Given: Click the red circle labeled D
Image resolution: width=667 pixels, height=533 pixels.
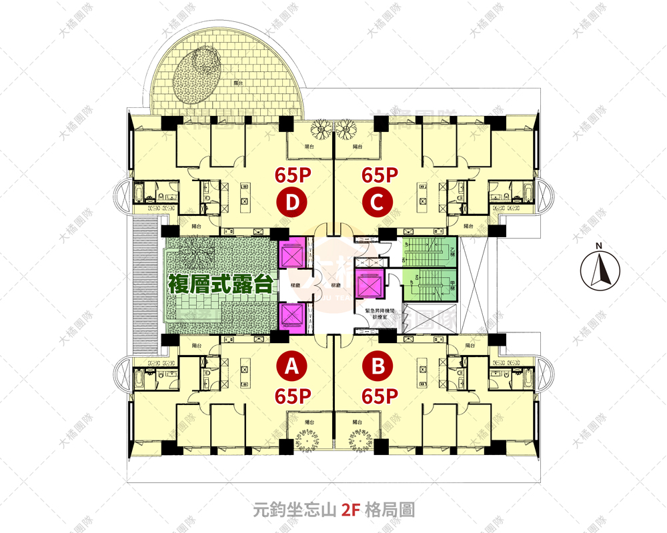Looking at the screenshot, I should (291, 204).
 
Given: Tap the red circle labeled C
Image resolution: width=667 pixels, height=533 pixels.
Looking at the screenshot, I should (377, 204).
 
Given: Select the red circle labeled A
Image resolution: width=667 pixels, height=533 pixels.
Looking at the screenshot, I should (291, 366).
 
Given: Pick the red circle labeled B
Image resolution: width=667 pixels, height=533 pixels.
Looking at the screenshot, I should (378, 366).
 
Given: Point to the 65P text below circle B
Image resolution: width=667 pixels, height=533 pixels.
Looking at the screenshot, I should (380, 396).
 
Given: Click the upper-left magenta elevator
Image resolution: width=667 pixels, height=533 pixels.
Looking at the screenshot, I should (292, 254).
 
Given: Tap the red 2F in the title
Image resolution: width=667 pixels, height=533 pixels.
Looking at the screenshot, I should (350, 511).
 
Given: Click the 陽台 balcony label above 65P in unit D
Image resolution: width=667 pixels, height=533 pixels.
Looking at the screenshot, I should (309, 146).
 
